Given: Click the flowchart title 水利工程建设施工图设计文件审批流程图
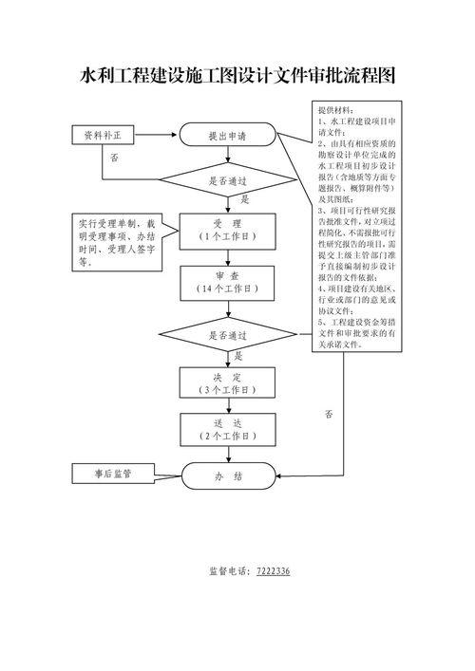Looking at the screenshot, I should pyautogui.click(x=237, y=76).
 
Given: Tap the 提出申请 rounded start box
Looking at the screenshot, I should pyautogui.click(x=227, y=137).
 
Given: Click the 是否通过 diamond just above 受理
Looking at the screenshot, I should pyautogui.click(x=227, y=179).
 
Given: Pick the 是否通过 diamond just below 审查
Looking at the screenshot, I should pyautogui.click(x=227, y=335).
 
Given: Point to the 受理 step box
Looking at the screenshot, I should pyautogui.click(x=227, y=228).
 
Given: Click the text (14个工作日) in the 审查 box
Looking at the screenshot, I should pyautogui.click(x=227, y=288).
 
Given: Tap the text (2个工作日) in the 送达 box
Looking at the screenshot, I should pyautogui.click(x=227, y=436).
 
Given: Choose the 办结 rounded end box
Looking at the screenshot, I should pyautogui.click(x=227, y=475).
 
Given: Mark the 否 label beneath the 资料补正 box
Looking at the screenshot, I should pyautogui.click(x=114, y=157).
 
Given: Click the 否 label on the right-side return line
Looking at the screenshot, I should pyautogui.click(x=329, y=414).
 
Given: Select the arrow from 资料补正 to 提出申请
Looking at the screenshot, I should pyautogui.click(x=158, y=137).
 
